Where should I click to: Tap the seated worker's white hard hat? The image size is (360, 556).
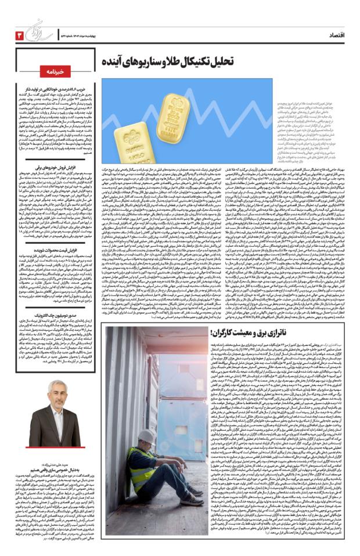point(147,436)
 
